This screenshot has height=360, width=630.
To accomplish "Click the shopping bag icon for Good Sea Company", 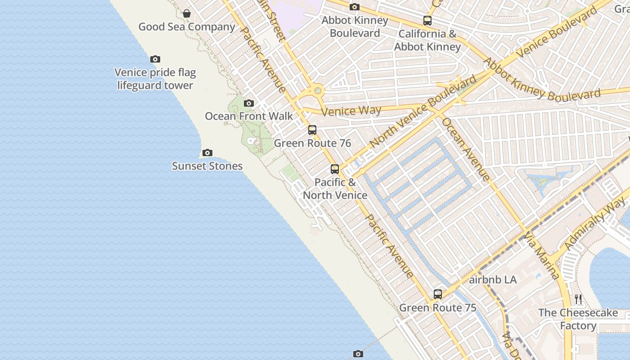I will [x=186, y=13].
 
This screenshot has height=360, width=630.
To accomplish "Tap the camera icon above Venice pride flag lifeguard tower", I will [x=155, y=59].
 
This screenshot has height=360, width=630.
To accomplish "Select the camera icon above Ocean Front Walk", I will [x=248, y=103].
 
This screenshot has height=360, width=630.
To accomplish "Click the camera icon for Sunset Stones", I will [x=207, y=153].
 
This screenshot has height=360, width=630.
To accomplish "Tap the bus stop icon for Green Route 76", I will [x=312, y=130].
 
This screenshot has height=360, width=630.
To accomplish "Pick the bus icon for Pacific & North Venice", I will [x=335, y=169].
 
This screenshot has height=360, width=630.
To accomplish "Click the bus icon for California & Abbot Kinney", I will [x=427, y=21].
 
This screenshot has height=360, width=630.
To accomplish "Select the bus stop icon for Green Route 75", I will [x=438, y=294].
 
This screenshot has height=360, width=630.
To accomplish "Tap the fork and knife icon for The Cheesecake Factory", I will [x=578, y=299].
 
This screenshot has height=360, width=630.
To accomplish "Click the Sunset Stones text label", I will [x=207, y=166].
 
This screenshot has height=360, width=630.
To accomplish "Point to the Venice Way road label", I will [x=352, y=110].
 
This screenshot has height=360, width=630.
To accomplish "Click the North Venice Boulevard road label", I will [x=423, y=112].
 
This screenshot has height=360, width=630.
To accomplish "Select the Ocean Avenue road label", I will [x=465, y=149].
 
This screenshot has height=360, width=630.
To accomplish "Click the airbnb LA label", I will [x=493, y=280].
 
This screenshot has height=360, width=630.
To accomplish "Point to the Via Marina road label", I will [x=541, y=255].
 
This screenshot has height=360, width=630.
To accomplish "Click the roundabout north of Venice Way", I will [x=318, y=90].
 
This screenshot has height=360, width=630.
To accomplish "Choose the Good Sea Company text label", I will [x=187, y=27].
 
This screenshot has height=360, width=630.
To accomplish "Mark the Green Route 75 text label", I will [x=438, y=308].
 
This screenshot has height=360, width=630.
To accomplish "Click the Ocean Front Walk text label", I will [x=249, y=116].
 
